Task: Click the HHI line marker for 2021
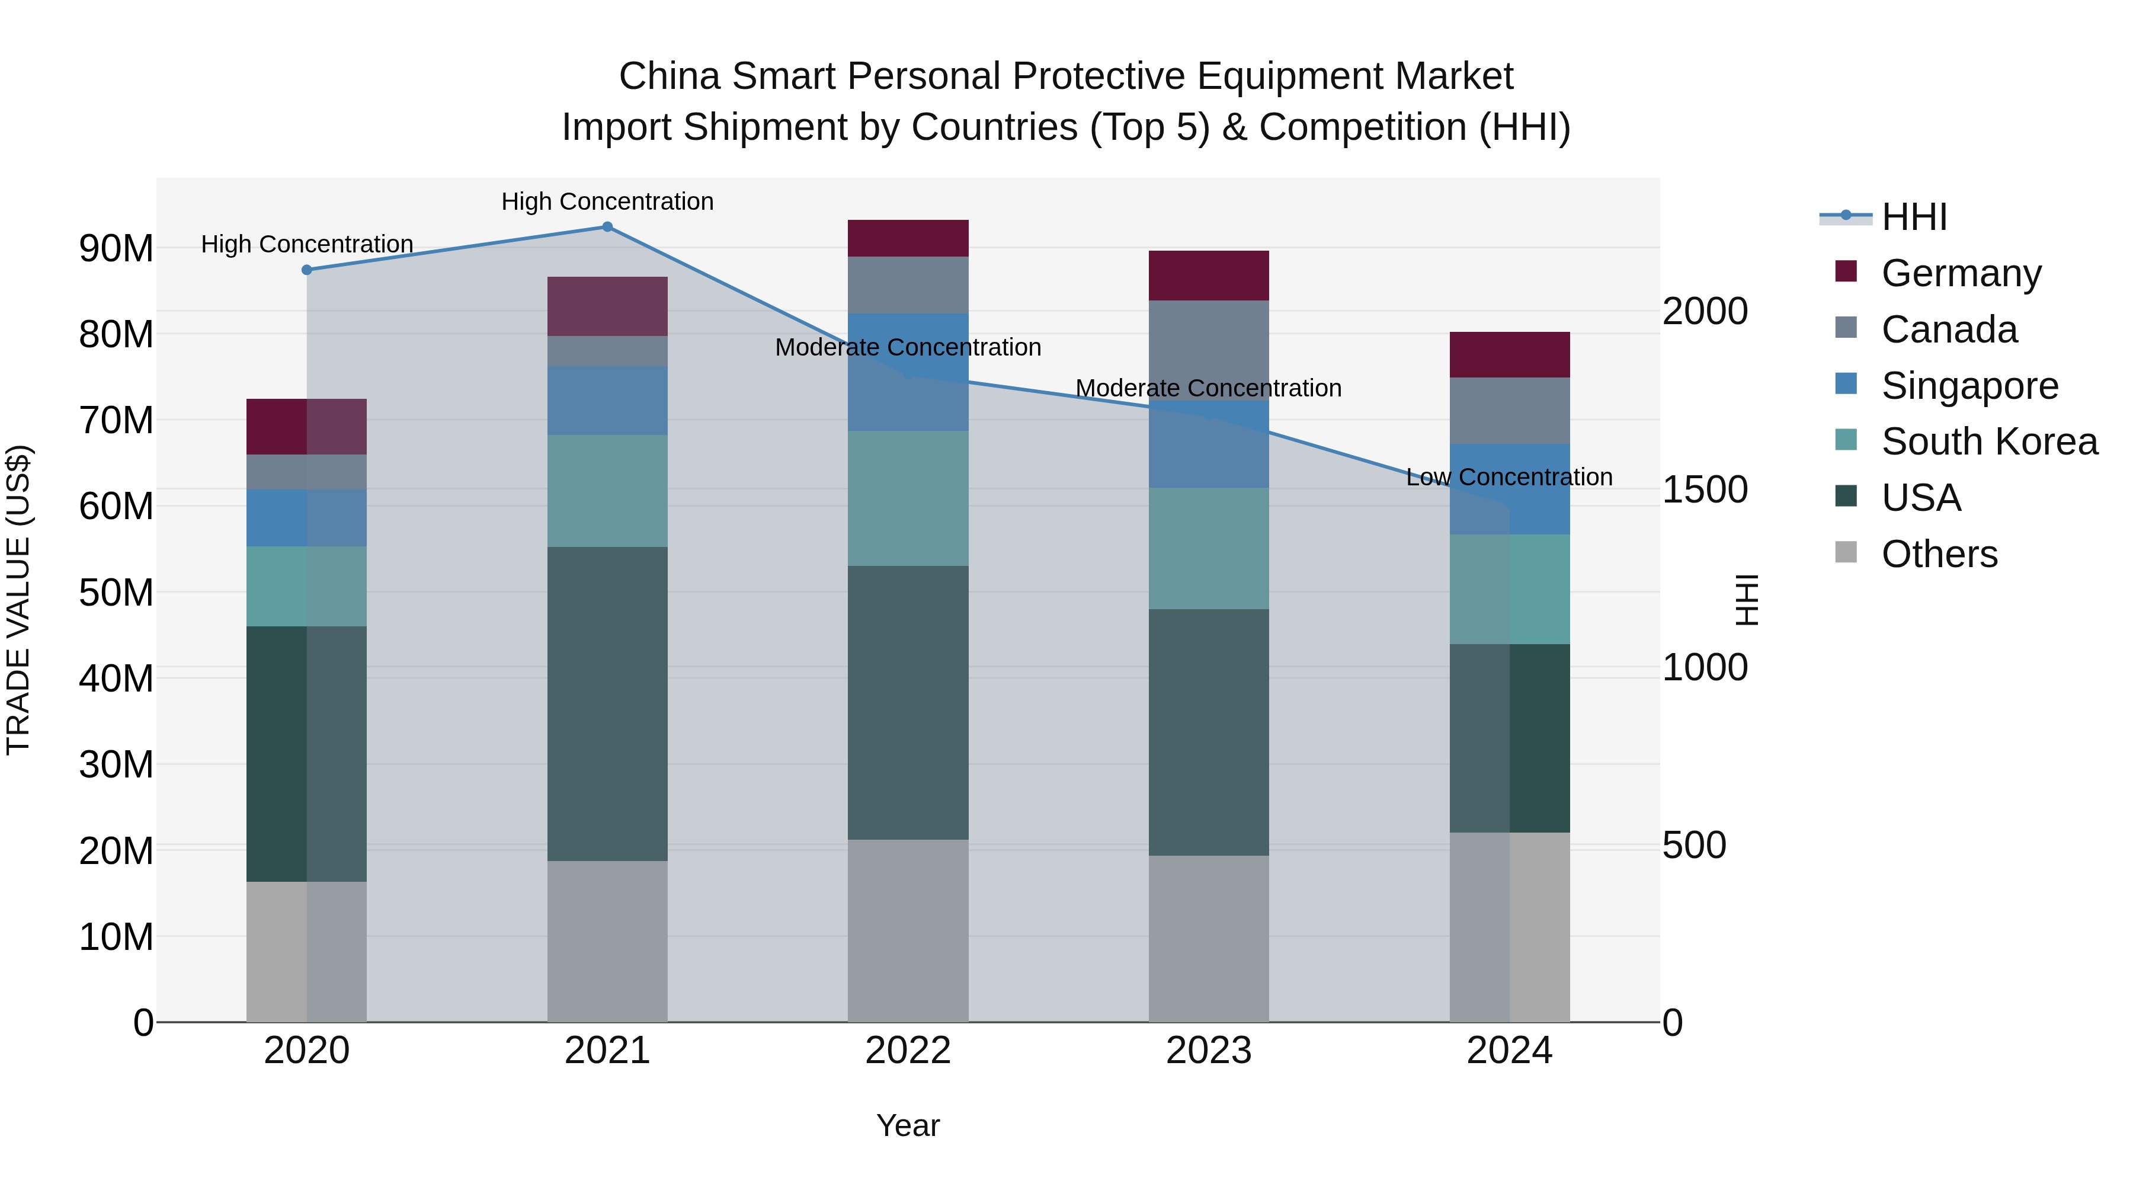pos(607,227)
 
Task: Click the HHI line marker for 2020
pos(306,270)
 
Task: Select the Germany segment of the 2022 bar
pos(908,238)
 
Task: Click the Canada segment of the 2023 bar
pos(1208,350)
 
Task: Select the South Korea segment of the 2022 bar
pos(908,498)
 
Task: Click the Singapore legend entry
pos(1969,386)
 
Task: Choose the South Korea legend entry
pos(1989,441)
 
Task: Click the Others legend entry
pos(1939,554)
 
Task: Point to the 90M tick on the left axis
pos(116,248)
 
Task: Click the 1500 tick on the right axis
pos(1705,489)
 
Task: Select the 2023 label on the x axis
pos(1208,1051)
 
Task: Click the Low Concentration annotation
pos(1509,477)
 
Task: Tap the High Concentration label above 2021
pos(607,201)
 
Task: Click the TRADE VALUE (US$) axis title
pos(18,600)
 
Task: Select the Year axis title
pos(908,1125)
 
